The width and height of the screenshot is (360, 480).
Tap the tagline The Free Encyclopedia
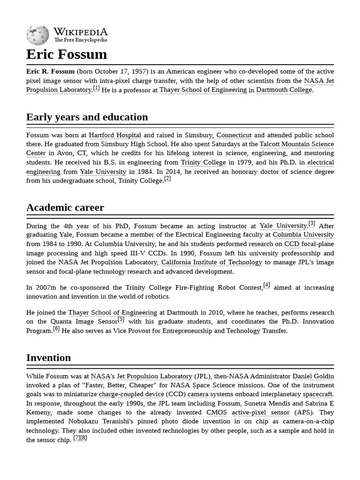(x=81, y=40)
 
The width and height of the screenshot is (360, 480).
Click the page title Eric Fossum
(x=67, y=54)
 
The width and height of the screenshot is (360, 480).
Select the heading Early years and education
(x=87, y=117)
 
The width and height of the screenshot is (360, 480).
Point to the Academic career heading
(x=65, y=207)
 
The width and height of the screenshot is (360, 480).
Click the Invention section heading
(x=49, y=358)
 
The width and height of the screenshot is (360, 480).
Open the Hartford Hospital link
(x=115, y=135)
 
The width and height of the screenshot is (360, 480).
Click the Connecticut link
(x=234, y=135)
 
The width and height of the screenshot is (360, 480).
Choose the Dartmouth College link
(x=284, y=90)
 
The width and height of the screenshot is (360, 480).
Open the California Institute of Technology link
(x=211, y=262)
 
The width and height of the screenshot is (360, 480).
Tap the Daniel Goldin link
(x=313, y=376)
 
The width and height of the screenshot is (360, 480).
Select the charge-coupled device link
(x=131, y=395)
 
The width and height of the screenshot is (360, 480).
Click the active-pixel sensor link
(x=261, y=412)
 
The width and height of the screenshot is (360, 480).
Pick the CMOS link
(x=217, y=412)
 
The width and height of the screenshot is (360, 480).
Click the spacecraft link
(x=317, y=395)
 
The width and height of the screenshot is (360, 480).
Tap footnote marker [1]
(x=96, y=88)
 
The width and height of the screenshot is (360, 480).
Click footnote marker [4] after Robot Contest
(x=266, y=285)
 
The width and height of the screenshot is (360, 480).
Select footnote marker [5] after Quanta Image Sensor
(x=121, y=319)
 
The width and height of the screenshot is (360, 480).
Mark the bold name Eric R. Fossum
(x=50, y=71)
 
